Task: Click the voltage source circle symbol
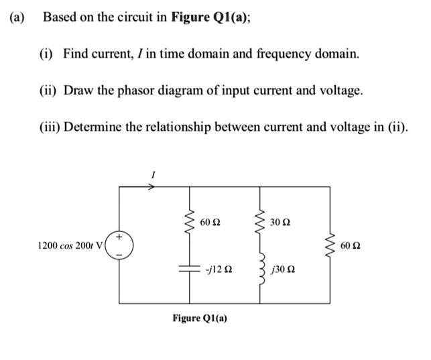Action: click(x=121, y=246)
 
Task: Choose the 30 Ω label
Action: click(x=281, y=222)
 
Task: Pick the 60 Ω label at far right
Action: click(x=351, y=246)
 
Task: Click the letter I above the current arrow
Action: click(x=153, y=174)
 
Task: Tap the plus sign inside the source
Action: click(x=120, y=237)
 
